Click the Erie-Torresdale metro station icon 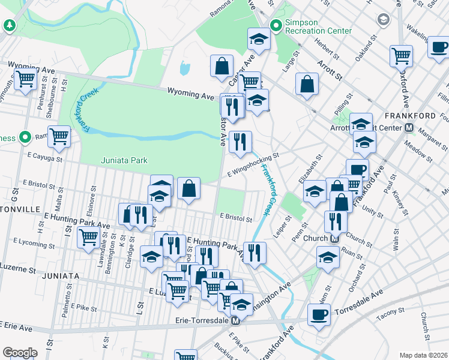click(236, 321)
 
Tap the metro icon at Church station click(334, 238)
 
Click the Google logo click(20, 353)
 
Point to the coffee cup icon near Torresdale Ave click(319, 313)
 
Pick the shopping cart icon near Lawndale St click(88, 238)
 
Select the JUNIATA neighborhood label click(61, 275)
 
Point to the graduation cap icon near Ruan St click(328, 256)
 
